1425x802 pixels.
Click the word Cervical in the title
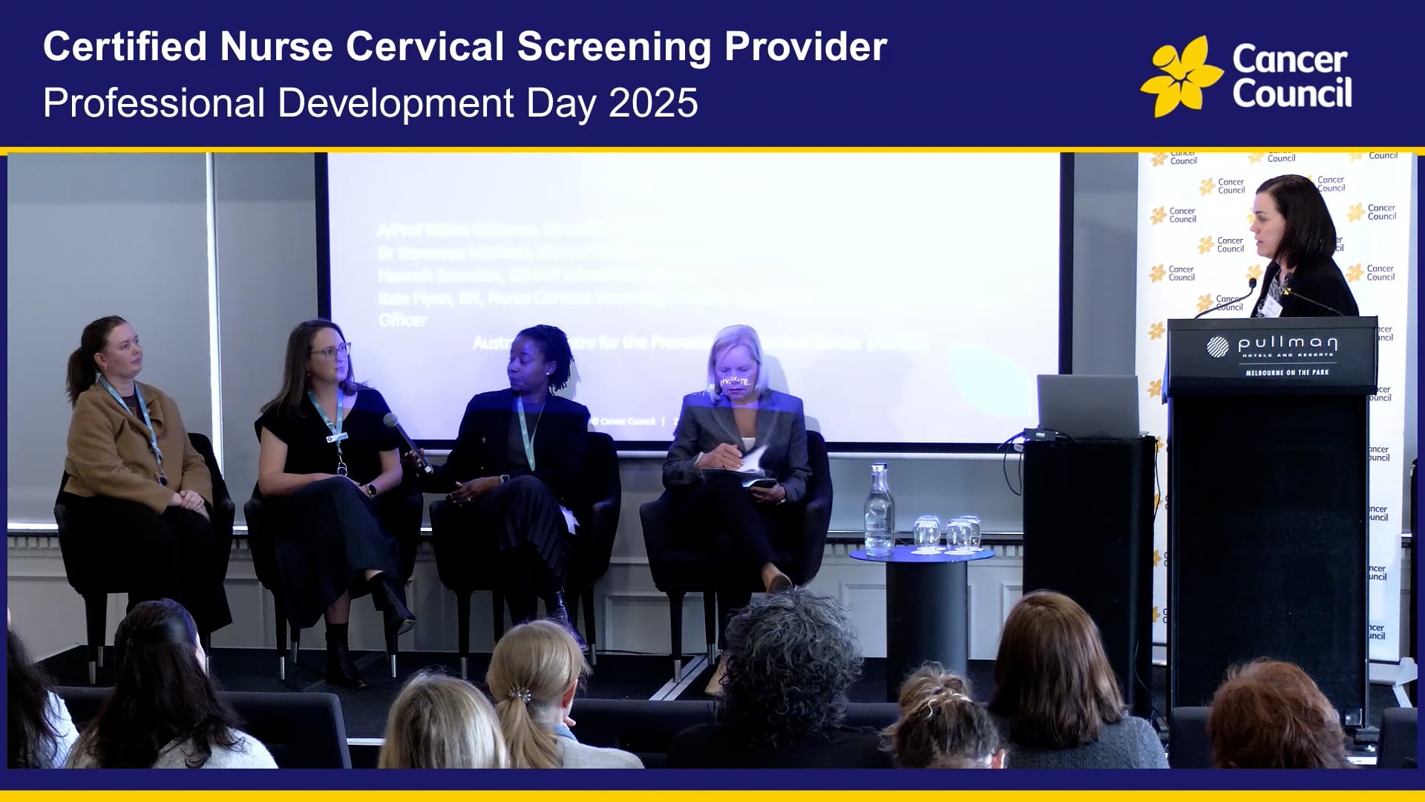pos(425,47)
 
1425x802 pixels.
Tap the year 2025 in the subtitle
pos(653,102)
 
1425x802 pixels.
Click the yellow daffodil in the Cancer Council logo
pos(1181,77)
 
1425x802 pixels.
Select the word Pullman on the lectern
pos(1288,343)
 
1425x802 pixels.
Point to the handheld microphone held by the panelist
pos(407,442)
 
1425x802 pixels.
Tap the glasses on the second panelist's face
pos(332,350)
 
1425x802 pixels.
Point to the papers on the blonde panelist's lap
pos(750,468)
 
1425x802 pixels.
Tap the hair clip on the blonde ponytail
pos(524,696)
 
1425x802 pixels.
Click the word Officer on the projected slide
pos(402,320)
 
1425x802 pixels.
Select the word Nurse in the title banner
pos(276,47)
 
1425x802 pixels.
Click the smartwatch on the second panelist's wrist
pos(370,490)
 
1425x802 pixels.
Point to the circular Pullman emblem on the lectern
pos(1217,346)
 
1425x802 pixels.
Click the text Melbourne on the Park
pos(1287,372)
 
